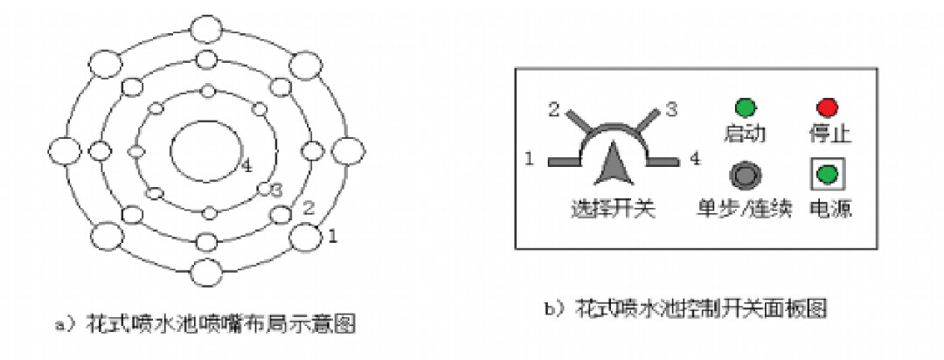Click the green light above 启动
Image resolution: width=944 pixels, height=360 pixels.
tap(745, 108)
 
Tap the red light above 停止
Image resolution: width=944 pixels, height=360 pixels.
tap(826, 108)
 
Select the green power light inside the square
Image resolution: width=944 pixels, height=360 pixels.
tap(826, 174)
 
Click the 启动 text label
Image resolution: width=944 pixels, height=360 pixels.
tap(745, 135)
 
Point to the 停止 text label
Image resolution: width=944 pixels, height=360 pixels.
tap(829, 135)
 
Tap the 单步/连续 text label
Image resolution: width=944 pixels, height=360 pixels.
tap(744, 210)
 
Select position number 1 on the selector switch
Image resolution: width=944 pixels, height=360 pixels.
tap(530, 161)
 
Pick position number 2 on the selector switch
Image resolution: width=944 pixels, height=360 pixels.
tap(553, 110)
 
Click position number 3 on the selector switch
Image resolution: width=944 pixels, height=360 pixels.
tap(671, 110)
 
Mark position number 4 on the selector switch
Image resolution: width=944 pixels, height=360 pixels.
tap(694, 161)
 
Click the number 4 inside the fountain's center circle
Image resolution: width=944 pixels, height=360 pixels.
tap(246, 164)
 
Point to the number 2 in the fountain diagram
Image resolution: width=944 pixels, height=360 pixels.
tap(307, 207)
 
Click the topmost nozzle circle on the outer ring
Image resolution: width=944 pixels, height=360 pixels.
tap(207, 29)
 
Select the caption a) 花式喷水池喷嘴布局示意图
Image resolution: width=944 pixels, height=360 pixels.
tap(205, 324)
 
